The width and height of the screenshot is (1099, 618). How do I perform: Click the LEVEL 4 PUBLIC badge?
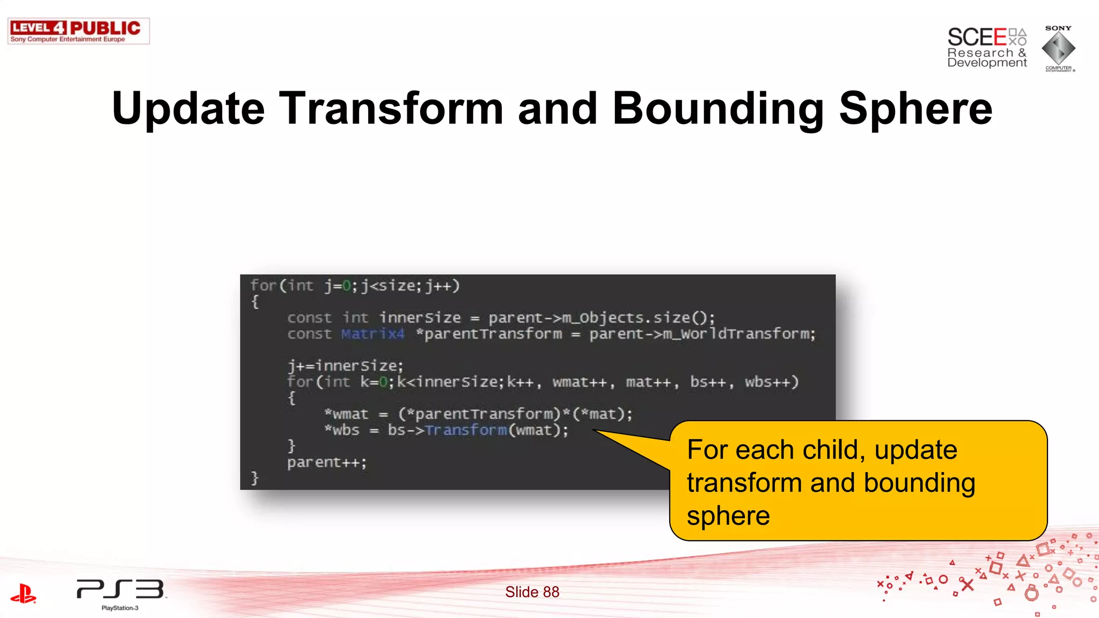[x=78, y=31]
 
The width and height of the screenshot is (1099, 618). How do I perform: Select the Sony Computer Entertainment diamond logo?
[x=1058, y=48]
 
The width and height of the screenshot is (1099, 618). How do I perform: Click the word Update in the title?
[x=188, y=108]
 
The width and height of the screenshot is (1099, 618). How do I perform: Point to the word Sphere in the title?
[x=915, y=108]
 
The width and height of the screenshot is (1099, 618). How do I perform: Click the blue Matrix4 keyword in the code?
[x=372, y=334]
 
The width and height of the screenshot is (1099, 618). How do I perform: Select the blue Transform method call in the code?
[x=466, y=430]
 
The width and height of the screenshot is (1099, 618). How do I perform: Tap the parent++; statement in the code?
[x=326, y=462]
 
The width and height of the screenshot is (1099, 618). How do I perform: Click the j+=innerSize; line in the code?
[x=345, y=366]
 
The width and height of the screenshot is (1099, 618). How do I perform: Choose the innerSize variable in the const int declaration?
[x=420, y=318]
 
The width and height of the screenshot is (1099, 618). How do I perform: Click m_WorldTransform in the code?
[x=738, y=334]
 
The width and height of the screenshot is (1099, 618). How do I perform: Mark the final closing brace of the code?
[x=255, y=477]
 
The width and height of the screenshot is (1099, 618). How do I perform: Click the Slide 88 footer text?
[x=532, y=592]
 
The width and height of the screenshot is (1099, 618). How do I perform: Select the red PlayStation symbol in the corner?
[x=23, y=593]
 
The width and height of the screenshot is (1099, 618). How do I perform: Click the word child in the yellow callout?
[x=833, y=450]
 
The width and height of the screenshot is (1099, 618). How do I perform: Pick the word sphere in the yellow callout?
[x=728, y=516]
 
